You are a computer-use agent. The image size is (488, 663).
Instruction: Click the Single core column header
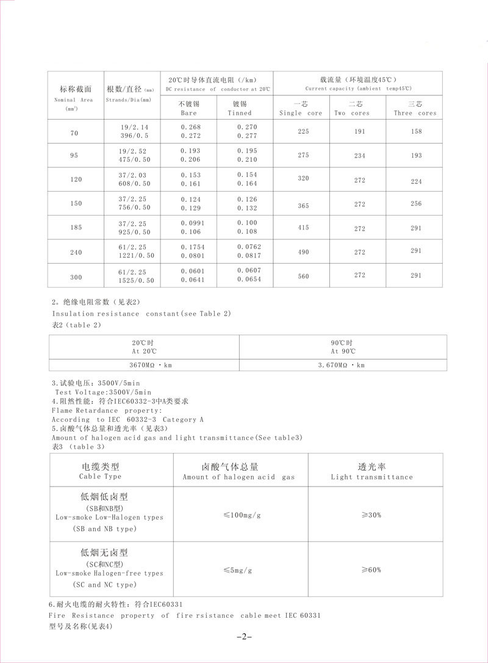pos(301,109)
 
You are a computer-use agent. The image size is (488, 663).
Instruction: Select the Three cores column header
pos(415,109)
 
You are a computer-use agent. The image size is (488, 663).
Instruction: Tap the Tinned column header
pos(239,109)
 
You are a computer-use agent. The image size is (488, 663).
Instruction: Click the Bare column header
pos(189,109)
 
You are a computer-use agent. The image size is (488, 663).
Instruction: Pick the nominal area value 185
pos(76,228)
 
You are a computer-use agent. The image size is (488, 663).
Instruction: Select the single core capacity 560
pos(303,277)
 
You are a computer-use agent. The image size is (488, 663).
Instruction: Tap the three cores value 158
pos(416,131)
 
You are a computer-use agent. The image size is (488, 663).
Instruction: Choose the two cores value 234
pos(359,155)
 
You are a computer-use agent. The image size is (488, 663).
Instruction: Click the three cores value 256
pos(416,203)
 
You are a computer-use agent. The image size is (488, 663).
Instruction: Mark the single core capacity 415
pos(303,227)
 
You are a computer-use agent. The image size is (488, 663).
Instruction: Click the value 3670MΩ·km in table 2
pos(144,364)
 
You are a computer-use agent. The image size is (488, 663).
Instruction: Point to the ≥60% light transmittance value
pos(371,570)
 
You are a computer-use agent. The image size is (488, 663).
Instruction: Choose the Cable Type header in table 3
pos(100,471)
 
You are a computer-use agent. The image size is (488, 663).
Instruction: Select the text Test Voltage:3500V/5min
pos(102,392)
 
